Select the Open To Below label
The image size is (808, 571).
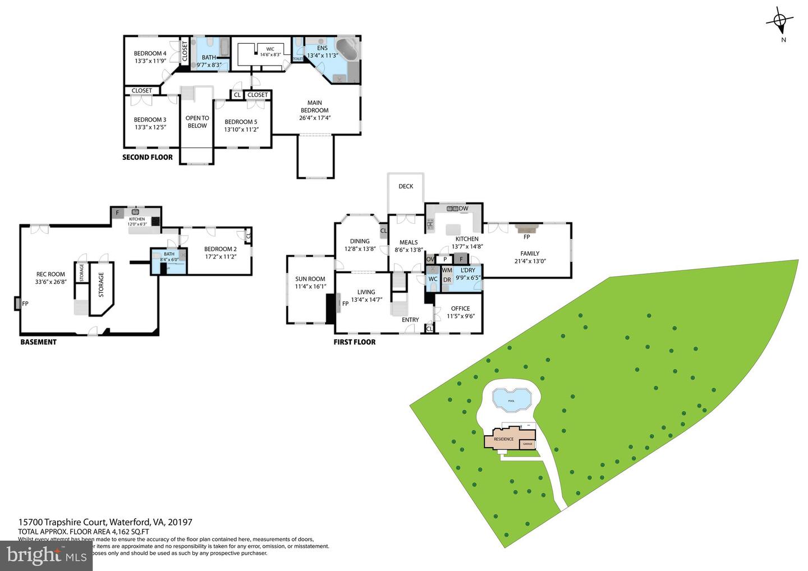(197, 122)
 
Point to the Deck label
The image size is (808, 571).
(406, 186)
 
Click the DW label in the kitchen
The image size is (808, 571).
(463, 209)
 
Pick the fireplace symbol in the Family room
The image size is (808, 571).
(526, 228)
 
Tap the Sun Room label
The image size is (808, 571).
(310, 283)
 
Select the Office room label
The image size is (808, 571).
(461, 312)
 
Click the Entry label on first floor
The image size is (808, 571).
(410, 320)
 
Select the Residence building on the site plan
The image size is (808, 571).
(504, 439)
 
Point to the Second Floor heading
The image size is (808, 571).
(148, 157)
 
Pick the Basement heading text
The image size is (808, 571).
(38, 342)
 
